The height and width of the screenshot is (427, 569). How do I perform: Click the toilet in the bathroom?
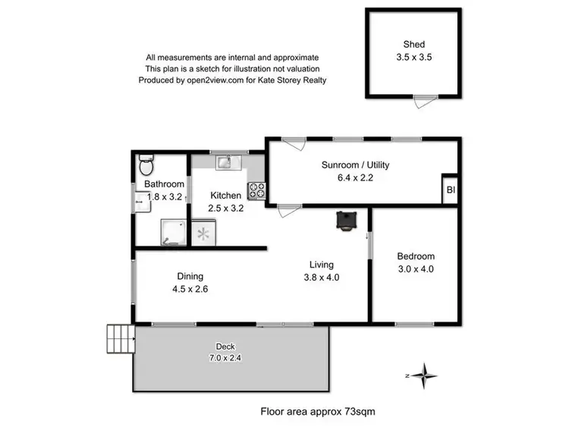pos(146,164)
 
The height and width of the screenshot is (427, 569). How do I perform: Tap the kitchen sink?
pos(225,162)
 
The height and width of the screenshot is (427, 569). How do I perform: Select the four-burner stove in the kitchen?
pos(256,190)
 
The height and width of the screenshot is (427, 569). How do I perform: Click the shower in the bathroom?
pos(173,232)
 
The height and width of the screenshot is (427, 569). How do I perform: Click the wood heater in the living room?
pos(347,220)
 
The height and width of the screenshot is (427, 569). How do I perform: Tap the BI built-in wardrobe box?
pos(450,190)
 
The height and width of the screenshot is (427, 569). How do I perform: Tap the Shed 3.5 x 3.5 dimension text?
pos(414,57)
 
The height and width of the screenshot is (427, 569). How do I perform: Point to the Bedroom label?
pos(416,256)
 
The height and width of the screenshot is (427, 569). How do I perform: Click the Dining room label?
pos(190,276)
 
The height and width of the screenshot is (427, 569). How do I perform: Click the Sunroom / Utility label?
pos(355,165)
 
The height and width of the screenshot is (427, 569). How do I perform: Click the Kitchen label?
pos(225,195)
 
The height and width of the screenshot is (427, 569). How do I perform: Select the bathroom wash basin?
pos(141,202)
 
